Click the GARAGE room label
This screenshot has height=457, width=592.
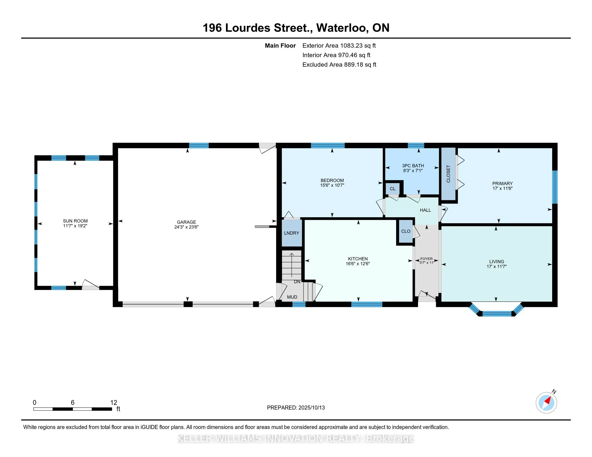[x=186, y=222]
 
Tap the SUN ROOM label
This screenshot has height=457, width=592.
[x=75, y=221]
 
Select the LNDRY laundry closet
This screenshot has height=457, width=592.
[x=292, y=233]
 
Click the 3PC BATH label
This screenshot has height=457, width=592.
[x=413, y=166]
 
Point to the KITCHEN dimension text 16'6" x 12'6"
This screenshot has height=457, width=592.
[x=358, y=264]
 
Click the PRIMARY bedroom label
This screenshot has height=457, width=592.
[x=503, y=184]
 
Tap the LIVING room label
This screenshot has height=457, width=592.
[x=496, y=262]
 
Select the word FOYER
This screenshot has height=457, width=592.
[x=427, y=259]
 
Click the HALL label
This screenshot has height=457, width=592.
[x=425, y=210]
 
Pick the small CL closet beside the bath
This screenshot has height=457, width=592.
[x=393, y=189]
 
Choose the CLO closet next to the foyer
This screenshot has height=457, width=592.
[x=406, y=231]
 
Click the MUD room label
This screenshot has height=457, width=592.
[x=292, y=297]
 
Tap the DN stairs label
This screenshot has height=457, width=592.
[x=297, y=282]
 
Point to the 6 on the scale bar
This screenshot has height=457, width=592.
[x=73, y=403]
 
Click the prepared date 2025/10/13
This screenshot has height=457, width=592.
[x=311, y=408]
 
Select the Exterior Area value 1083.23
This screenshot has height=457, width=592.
[x=351, y=46]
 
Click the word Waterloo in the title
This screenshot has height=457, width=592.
[x=342, y=28]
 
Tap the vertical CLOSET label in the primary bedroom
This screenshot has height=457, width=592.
[x=448, y=174]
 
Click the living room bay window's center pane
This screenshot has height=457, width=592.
[x=497, y=314]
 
